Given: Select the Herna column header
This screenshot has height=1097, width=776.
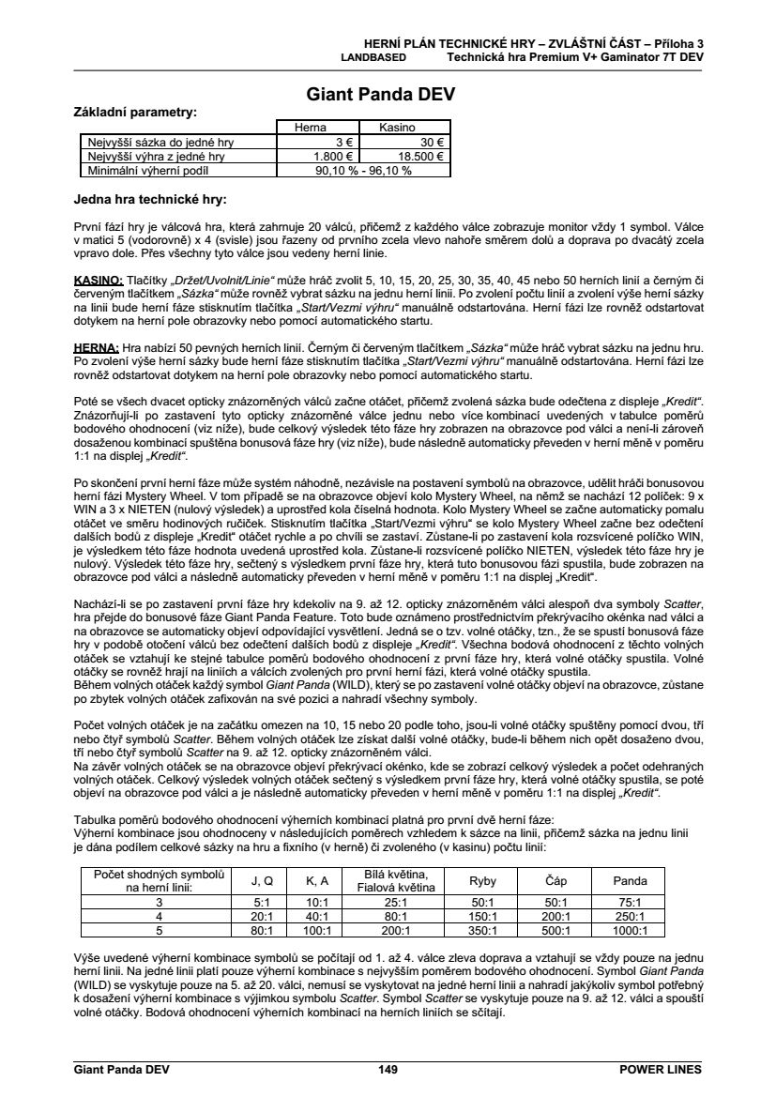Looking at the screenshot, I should tap(311, 128).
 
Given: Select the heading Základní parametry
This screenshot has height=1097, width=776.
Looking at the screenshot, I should tap(135, 112).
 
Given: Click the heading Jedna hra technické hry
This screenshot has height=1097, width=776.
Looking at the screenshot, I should tap(150, 199).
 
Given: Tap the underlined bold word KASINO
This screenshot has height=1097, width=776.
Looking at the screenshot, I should tap(99, 281).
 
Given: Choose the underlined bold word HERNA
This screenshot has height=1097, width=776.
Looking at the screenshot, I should tap(96, 345).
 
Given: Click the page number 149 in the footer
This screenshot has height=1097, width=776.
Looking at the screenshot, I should tap(388, 1069).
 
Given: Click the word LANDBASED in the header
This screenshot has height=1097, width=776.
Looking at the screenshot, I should tap(373, 56).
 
